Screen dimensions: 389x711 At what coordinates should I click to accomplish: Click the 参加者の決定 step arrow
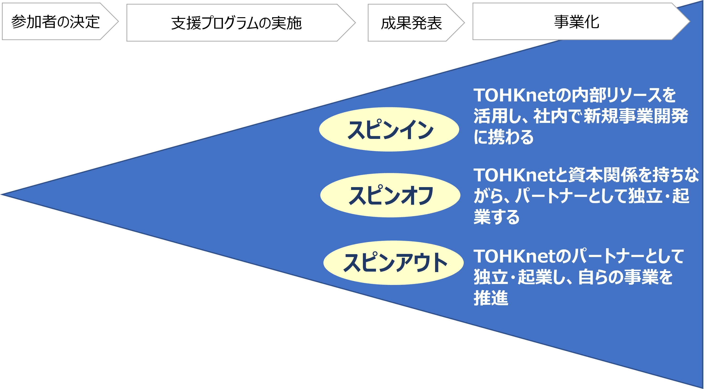click(x=55, y=22)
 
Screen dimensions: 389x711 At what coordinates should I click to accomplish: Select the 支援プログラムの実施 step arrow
click(x=236, y=23)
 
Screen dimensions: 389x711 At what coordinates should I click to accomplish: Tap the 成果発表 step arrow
click(x=411, y=23)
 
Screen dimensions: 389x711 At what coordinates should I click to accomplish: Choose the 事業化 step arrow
click(x=577, y=22)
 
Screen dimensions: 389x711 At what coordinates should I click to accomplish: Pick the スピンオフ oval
click(x=390, y=195)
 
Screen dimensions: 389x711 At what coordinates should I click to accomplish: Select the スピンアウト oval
click(x=393, y=263)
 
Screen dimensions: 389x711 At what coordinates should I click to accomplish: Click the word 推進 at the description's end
click(x=491, y=298)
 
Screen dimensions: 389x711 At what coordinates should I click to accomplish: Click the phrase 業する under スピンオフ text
click(x=496, y=217)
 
